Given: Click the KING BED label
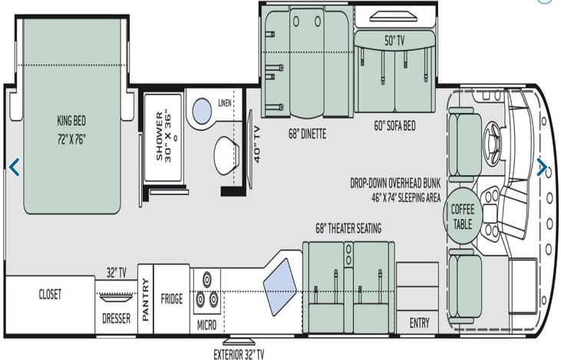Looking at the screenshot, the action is tap(71, 121).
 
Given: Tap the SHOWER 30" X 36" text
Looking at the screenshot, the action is tap(164, 137).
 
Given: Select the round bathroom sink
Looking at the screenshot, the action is tap(202, 111).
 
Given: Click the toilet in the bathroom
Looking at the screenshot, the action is tap(226, 155).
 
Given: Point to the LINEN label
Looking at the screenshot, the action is tap(225, 103).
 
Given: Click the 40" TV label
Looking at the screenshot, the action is tap(257, 144).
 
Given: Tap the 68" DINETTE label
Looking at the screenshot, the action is tap(307, 134).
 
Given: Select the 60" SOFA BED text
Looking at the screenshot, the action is tap(394, 126).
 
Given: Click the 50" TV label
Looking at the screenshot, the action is tap(394, 41).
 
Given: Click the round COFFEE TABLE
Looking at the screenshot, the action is tap(463, 216).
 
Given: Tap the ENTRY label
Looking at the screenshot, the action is tap(419, 323).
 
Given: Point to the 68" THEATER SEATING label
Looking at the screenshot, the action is tap(348, 228).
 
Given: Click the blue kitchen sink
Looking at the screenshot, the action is tap(280, 287).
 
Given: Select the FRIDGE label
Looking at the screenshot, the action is tap(172, 299).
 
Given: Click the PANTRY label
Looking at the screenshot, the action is tap(145, 300).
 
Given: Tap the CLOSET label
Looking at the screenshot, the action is tap(50, 294).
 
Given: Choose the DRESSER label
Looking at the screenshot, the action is tap(117, 318).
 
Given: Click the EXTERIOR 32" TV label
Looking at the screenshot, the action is tap(239, 355).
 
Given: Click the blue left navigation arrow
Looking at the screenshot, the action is tap(14, 167).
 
